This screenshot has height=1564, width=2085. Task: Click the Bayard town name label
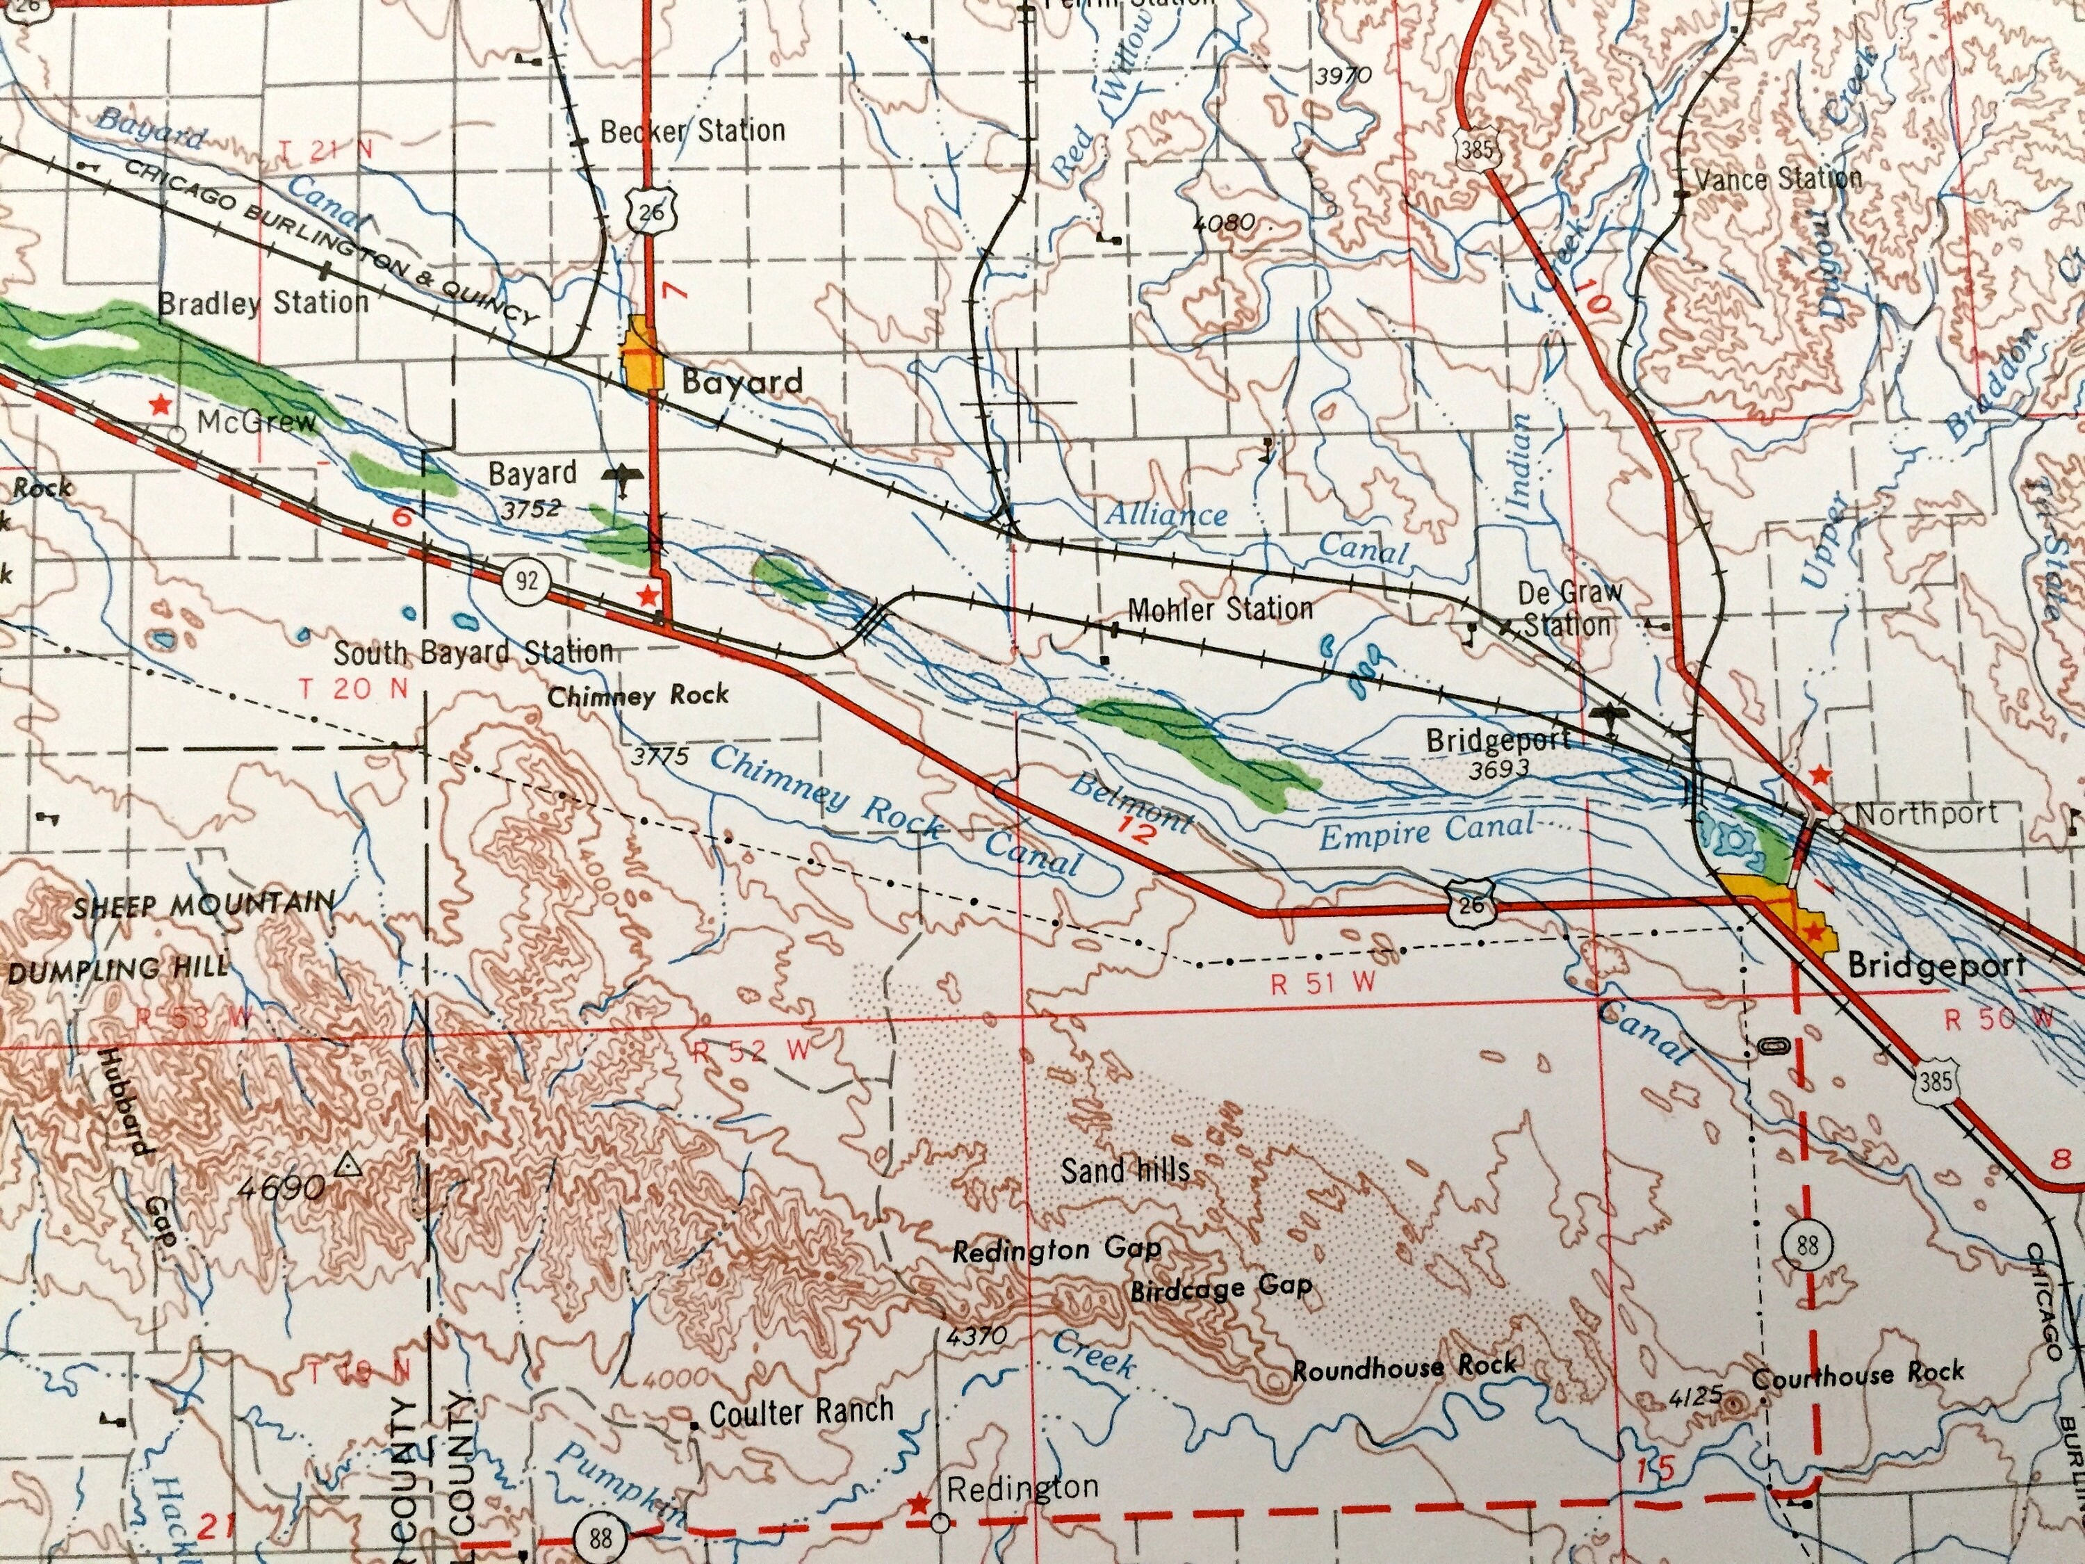click(742, 382)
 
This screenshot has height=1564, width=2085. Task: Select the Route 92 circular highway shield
click(526, 580)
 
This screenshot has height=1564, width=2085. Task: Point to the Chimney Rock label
click(638, 697)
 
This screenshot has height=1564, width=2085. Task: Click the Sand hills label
click(1125, 1171)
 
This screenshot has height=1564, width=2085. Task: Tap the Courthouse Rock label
click(1858, 1374)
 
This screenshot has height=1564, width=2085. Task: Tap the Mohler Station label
click(1220, 609)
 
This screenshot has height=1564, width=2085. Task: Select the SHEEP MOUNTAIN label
click(203, 905)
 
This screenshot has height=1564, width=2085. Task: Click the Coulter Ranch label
click(800, 1411)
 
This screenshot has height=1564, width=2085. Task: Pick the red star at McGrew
click(161, 405)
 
